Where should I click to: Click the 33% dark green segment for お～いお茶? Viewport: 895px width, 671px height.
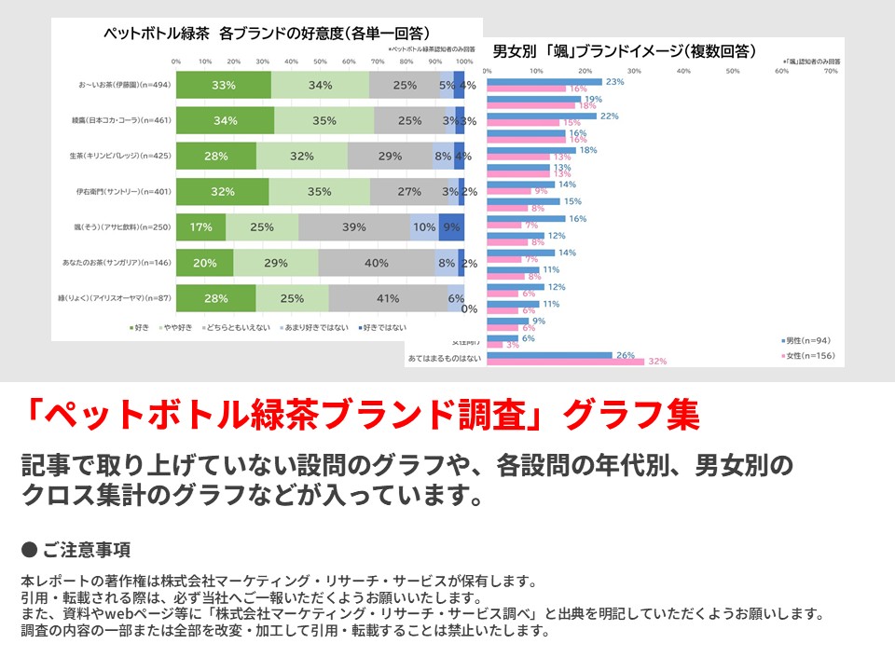(x=224, y=85)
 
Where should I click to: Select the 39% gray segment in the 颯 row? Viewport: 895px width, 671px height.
(x=354, y=226)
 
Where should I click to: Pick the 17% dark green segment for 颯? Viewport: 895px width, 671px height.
(x=200, y=226)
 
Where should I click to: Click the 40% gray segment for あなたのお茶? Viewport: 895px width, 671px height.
(x=376, y=263)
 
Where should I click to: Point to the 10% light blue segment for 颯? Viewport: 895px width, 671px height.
(x=424, y=226)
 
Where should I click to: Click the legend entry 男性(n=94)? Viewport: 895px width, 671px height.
(x=807, y=340)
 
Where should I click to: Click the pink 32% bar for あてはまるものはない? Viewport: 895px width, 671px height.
(x=566, y=362)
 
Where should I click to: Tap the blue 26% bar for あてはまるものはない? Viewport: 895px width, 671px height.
(x=550, y=355)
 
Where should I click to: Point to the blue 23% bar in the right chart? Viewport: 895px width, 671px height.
(x=544, y=82)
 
